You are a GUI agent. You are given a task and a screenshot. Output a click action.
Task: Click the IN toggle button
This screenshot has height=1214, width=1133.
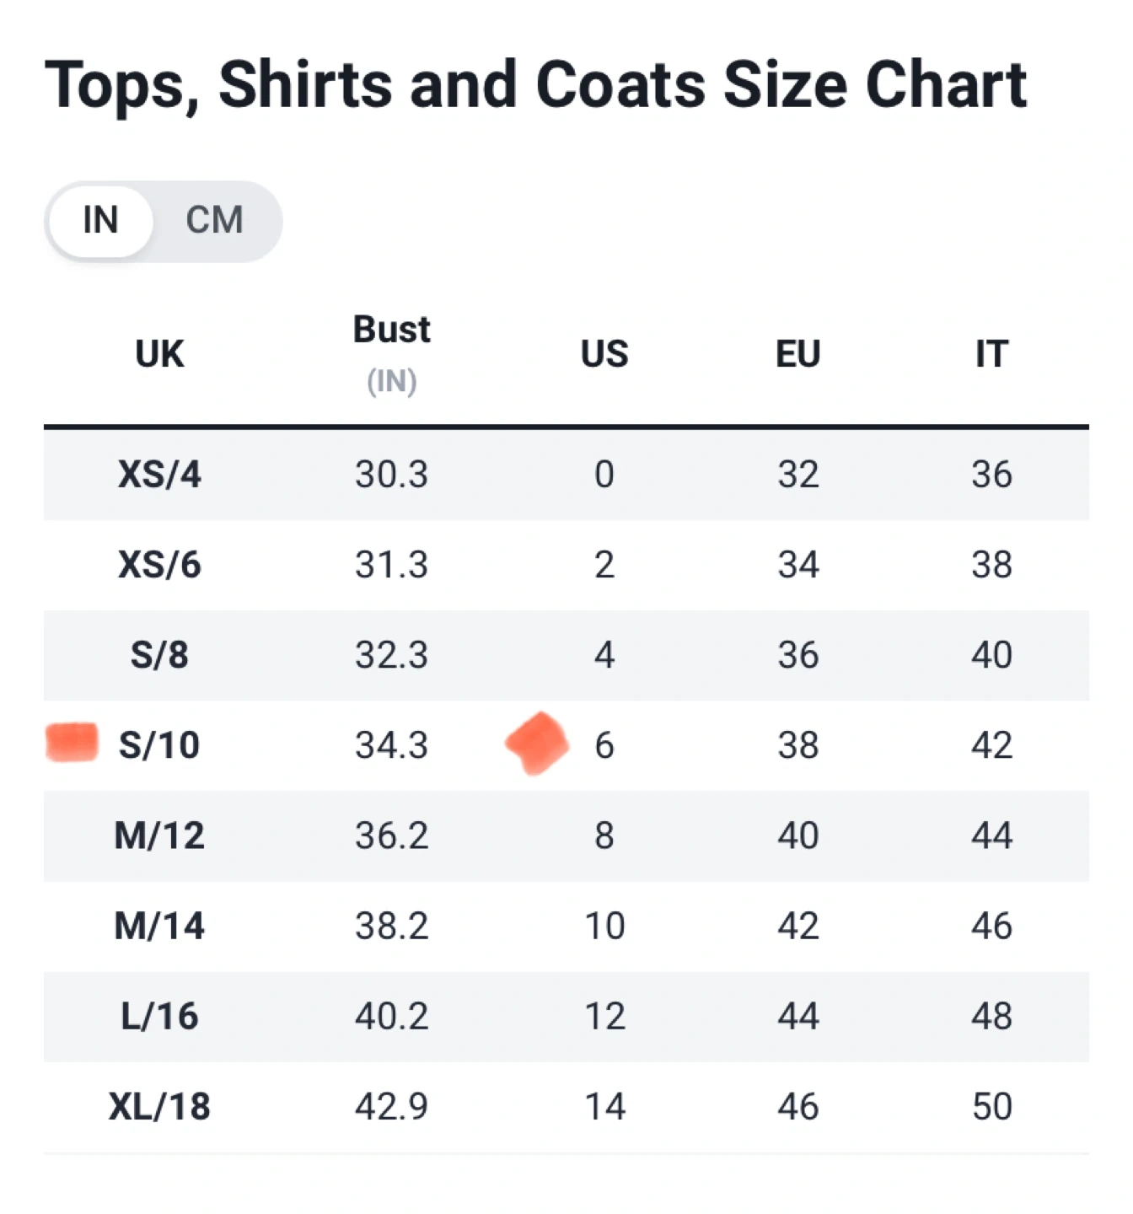(x=100, y=221)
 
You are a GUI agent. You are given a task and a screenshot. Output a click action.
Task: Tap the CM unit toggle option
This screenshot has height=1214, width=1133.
(x=214, y=221)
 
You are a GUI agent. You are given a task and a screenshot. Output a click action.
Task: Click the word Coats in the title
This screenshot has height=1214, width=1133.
(x=620, y=85)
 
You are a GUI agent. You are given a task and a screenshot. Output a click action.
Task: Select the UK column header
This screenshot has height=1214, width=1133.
(x=159, y=354)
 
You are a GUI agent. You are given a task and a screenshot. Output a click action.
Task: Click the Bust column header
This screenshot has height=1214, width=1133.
(x=391, y=330)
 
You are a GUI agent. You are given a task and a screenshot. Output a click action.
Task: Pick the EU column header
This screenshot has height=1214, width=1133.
(x=797, y=354)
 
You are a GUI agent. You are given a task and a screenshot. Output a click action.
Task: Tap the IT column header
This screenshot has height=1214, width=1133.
(x=991, y=354)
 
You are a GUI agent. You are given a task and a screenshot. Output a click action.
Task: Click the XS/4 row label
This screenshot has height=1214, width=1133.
(x=159, y=475)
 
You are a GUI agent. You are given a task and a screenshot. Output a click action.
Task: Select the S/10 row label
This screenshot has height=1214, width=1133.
(x=159, y=745)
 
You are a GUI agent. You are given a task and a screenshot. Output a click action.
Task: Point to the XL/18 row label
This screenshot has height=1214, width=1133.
(x=159, y=1107)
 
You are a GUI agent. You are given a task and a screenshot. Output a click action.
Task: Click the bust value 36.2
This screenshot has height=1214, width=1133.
(x=391, y=835)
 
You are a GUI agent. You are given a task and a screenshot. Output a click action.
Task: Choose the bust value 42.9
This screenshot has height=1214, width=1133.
(x=391, y=1107)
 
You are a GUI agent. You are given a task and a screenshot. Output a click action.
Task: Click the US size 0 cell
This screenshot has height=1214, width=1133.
(x=604, y=475)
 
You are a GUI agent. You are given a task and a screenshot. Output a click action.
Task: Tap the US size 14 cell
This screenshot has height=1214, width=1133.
(x=604, y=1107)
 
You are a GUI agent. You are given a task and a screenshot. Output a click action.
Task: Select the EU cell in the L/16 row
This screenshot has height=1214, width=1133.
(x=797, y=1017)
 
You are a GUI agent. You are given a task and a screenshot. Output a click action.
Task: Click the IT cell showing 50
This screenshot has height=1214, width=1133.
(x=991, y=1107)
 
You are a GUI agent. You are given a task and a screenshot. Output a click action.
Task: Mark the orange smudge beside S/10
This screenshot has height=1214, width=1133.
(x=72, y=742)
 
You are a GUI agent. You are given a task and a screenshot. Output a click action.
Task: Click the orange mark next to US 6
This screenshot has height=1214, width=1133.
(x=537, y=743)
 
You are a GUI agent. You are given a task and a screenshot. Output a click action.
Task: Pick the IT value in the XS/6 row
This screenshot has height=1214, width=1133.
(x=991, y=565)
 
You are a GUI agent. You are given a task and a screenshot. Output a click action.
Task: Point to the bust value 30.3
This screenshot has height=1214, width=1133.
(x=391, y=475)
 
